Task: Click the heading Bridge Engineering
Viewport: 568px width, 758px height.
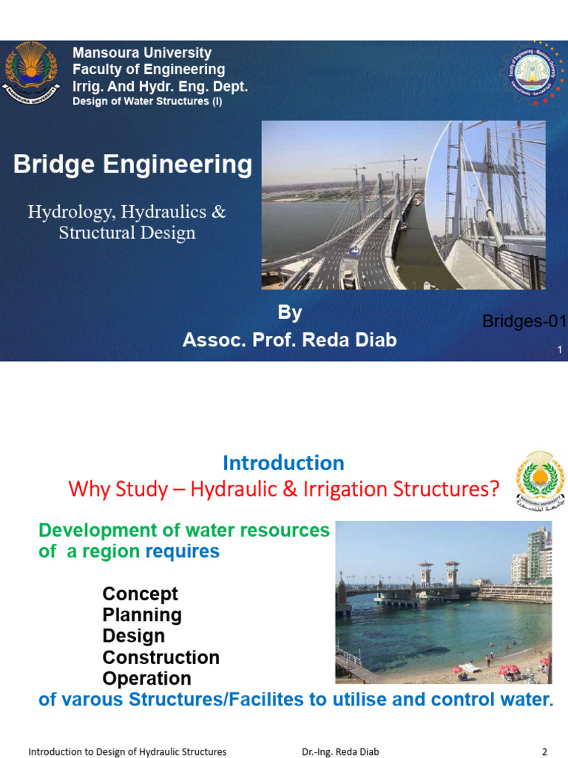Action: [132, 164]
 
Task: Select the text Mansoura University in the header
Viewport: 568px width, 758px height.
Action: [141, 53]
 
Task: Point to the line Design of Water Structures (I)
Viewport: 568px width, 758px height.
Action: [146, 101]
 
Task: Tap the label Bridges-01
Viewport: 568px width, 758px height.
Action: [524, 321]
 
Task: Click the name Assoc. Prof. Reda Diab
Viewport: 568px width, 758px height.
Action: [289, 340]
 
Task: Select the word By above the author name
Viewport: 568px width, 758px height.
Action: [289, 313]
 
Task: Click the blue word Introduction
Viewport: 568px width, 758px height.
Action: [283, 463]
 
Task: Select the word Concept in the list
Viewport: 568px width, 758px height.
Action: [140, 594]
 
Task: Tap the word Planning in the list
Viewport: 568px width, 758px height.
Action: [142, 615]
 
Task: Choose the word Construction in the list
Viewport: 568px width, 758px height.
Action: [160, 657]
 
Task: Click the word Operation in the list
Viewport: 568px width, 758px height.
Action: [146, 678]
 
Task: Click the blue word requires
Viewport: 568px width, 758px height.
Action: [183, 551]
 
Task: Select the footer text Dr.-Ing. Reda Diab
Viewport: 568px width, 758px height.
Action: [340, 752]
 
